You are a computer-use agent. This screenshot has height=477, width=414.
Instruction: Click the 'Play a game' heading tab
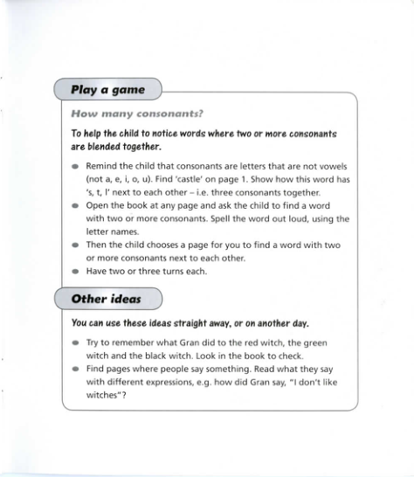click(108, 90)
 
